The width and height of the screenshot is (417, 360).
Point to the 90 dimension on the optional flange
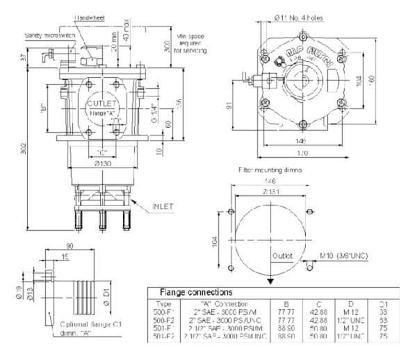pos(69,246)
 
